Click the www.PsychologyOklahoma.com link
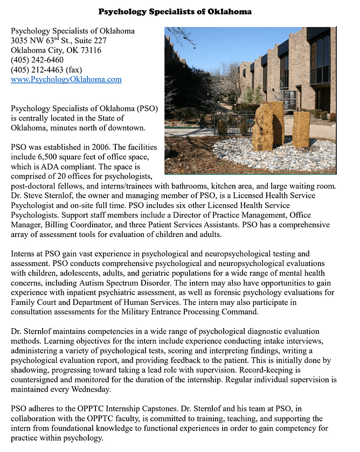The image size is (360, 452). [66, 79]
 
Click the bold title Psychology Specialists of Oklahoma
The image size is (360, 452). [175, 11]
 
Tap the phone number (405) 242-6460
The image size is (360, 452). [37, 60]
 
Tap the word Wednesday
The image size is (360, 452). [85, 389]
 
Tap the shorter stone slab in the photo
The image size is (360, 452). [301, 129]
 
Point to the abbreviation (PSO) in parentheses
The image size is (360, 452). [147, 108]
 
